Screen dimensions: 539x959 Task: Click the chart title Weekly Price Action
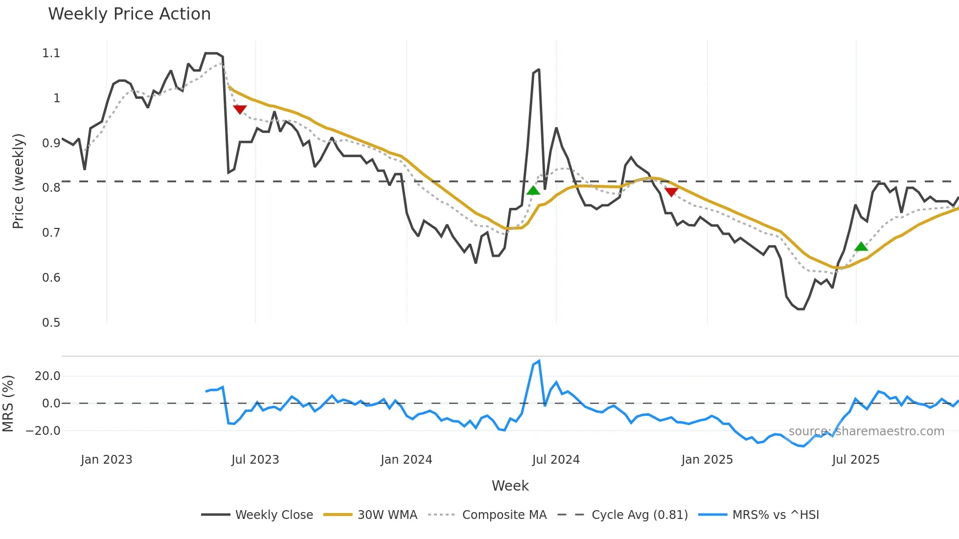(x=129, y=14)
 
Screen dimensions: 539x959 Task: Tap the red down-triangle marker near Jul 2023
(x=240, y=110)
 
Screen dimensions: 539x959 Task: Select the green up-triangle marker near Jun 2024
(x=533, y=190)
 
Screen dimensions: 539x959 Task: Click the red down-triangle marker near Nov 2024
(x=671, y=192)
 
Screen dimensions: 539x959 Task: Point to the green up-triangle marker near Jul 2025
(x=861, y=247)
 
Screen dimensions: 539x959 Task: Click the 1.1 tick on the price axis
(x=51, y=53)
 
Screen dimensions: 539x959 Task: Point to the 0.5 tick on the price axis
(x=51, y=323)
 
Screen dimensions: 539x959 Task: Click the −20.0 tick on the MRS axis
(x=43, y=431)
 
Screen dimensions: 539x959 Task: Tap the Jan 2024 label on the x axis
(x=406, y=460)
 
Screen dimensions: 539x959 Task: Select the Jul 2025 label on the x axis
(x=856, y=460)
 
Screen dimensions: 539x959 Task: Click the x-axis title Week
(x=510, y=486)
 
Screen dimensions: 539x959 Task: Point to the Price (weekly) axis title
(x=18, y=181)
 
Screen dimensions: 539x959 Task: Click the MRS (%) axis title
(x=8, y=404)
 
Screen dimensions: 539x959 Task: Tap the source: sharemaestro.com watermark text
(x=866, y=431)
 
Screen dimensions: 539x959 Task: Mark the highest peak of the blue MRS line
(x=539, y=361)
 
